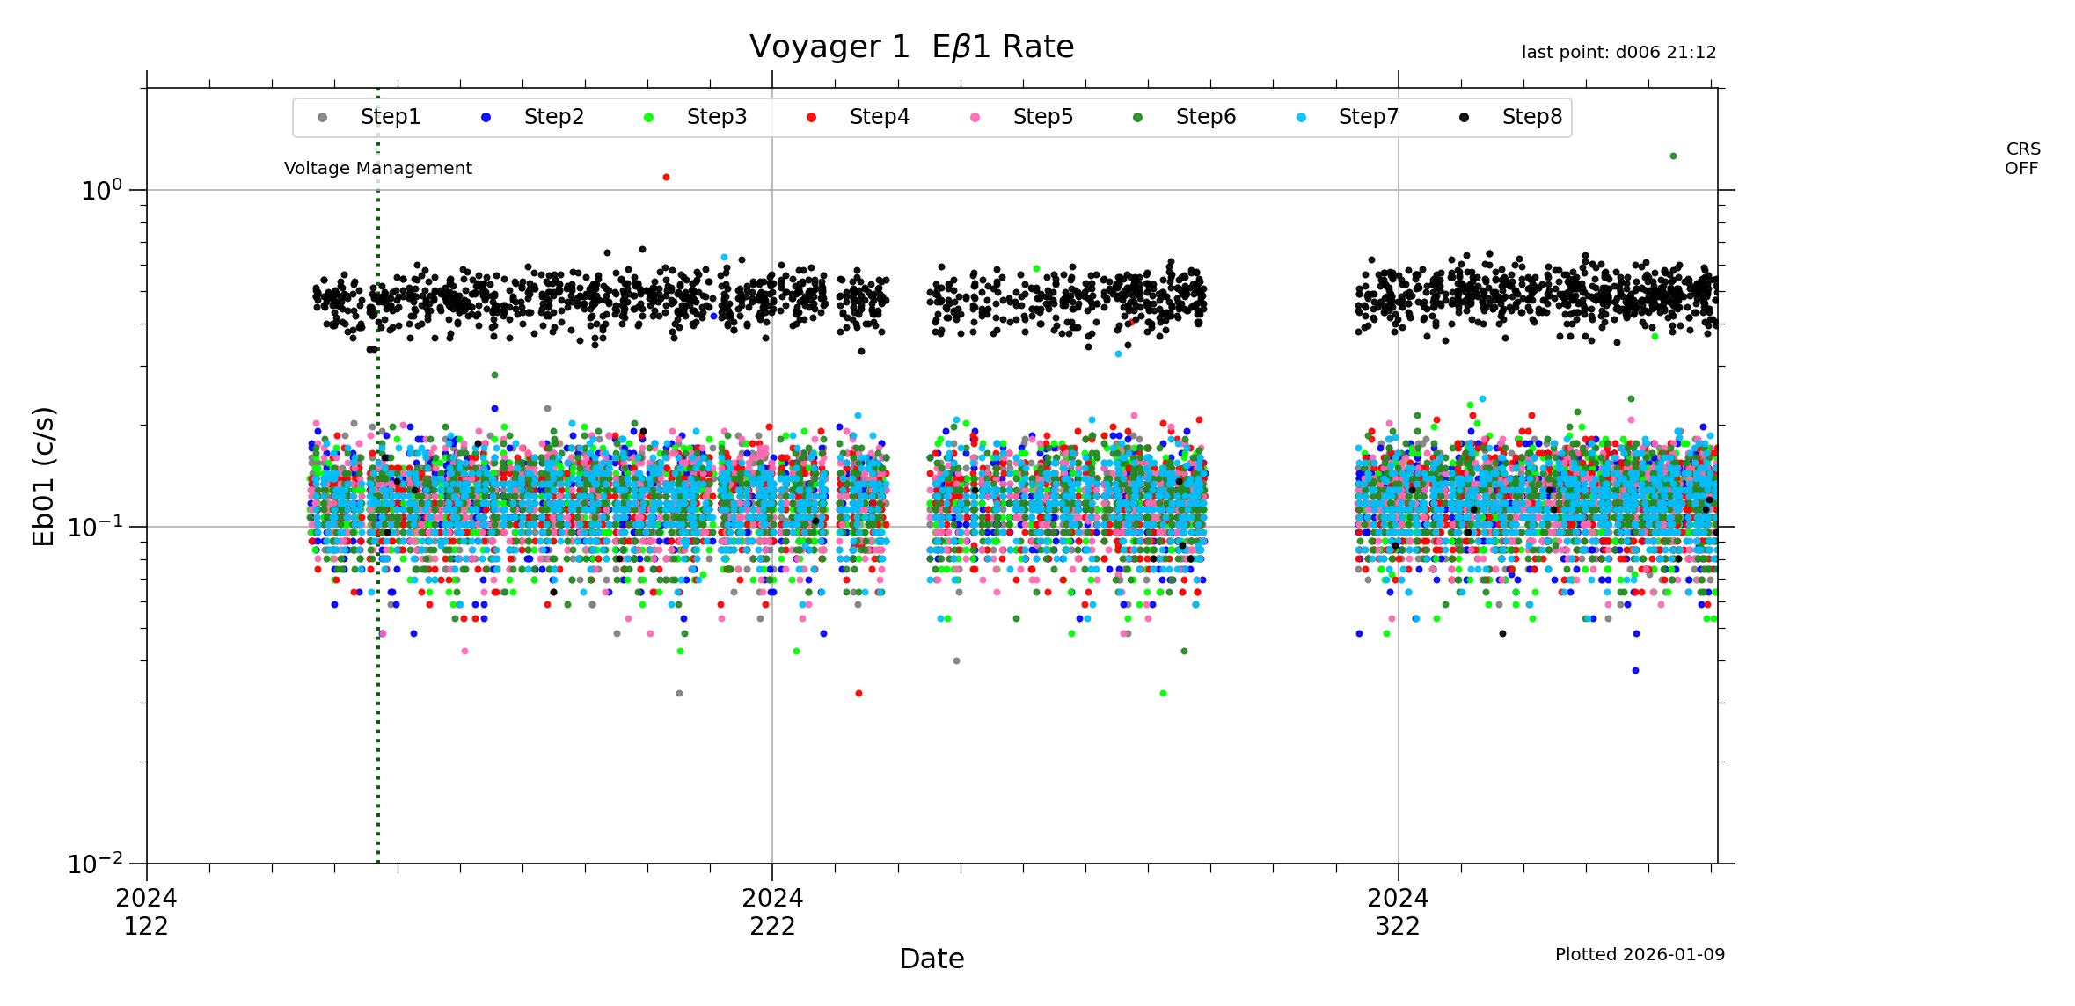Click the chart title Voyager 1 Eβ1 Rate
pos(911,47)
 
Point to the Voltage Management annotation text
pos(377,168)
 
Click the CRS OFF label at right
pos(2022,159)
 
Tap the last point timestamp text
pos(1618,53)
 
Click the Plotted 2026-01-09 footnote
pos(1640,954)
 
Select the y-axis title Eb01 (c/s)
pos(44,476)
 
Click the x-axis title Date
pos(932,959)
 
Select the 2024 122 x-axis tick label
pos(146,912)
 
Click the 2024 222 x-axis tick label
pos(772,912)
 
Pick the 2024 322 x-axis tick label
pos(1398,912)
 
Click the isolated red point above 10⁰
pos(666,178)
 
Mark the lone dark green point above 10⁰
pos(1673,157)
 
